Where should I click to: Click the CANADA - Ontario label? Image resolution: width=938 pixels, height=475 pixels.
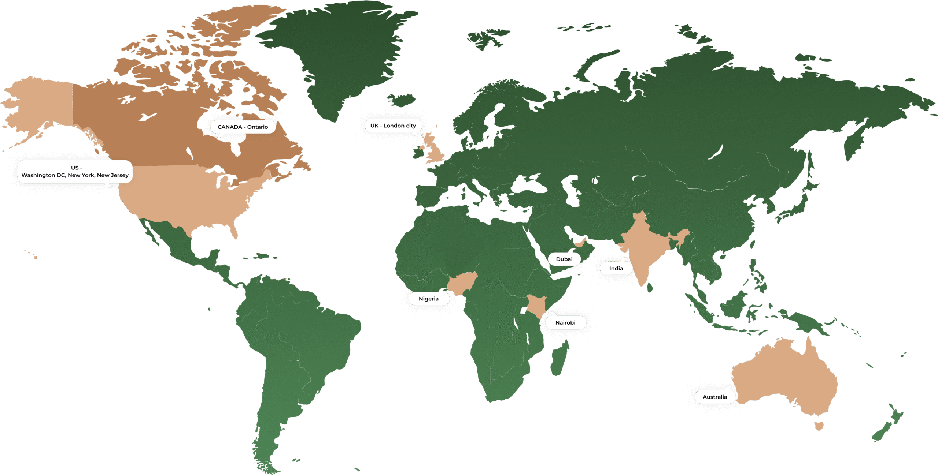[x=243, y=127]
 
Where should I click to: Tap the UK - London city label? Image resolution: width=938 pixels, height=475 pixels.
[x=393, y=126]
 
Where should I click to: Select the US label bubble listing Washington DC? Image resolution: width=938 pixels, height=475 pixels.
[x=75, y=172]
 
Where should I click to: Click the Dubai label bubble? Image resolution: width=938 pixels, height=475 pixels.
[x=564, y=259]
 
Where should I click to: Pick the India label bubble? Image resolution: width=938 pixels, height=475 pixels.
[x=616, y=268]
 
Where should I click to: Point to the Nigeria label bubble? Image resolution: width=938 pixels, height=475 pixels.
[x=428, y=299]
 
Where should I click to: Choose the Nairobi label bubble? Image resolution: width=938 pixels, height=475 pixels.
[x=565, y=322]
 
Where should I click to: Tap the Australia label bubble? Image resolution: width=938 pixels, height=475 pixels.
[x=714, y=397]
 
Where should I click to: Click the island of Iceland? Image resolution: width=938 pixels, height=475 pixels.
[x=402, y=99]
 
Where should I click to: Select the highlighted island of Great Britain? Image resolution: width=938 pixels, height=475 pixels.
[x=435, y=148]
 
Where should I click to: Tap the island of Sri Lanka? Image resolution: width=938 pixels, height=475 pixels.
[x=650, y=287]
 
